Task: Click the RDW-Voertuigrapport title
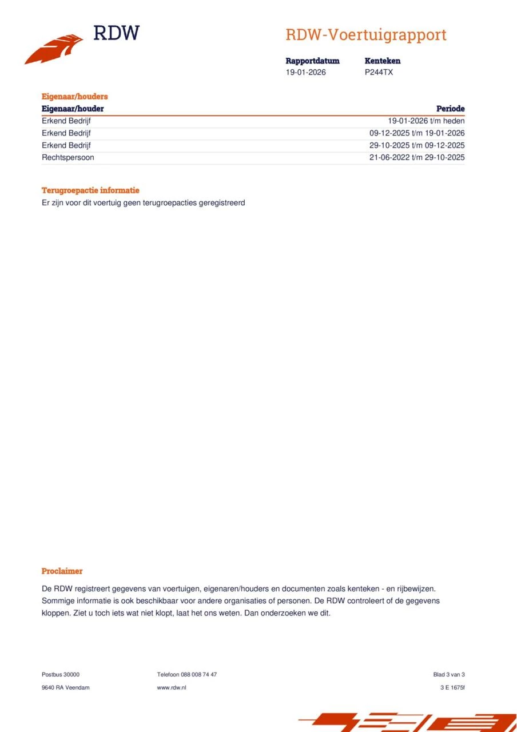click(366, 35)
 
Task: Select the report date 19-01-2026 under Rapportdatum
click(306, 73)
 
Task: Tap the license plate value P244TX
click(379, 73)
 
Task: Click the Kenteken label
click(383, 61)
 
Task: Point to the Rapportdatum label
click(312, 61)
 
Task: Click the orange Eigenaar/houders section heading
click(74, 97)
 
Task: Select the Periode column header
click(450, 109)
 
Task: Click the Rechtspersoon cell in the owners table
click(68, 157)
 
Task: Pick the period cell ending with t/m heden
click(426, 121)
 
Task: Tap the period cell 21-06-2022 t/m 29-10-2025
click(417, 157)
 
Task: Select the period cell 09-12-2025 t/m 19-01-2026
click(417, 133)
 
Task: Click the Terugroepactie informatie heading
click(90, 190)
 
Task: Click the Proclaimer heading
click(62, 571)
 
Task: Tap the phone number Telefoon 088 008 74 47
click(187, 675)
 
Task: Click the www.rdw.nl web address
click(172, 687)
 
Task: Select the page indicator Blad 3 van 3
click(449, 675)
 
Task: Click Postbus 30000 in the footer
click(61, 675)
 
